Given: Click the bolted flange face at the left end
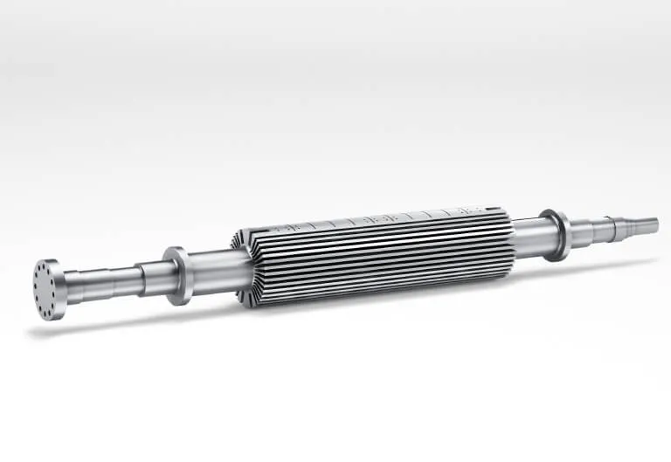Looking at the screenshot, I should coord(48,288).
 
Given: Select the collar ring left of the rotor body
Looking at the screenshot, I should coord(177,274).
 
